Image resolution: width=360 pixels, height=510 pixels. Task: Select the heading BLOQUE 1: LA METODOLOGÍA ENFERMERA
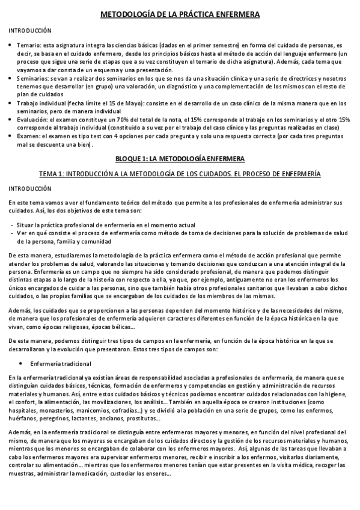coord(180,159)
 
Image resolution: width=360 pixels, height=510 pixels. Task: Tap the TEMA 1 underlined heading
coord(180,173)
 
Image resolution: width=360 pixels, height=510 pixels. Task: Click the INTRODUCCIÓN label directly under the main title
coord(30,31)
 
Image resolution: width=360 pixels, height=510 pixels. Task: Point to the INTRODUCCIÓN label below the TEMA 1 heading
coord(30,188)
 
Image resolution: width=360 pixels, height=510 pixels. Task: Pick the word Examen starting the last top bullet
coord(28,137)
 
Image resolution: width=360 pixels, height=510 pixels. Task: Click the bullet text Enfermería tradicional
coord(61,363)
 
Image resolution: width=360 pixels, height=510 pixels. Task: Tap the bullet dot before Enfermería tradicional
coord(22,363)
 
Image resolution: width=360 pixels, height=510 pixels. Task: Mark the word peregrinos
coord(56,419)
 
